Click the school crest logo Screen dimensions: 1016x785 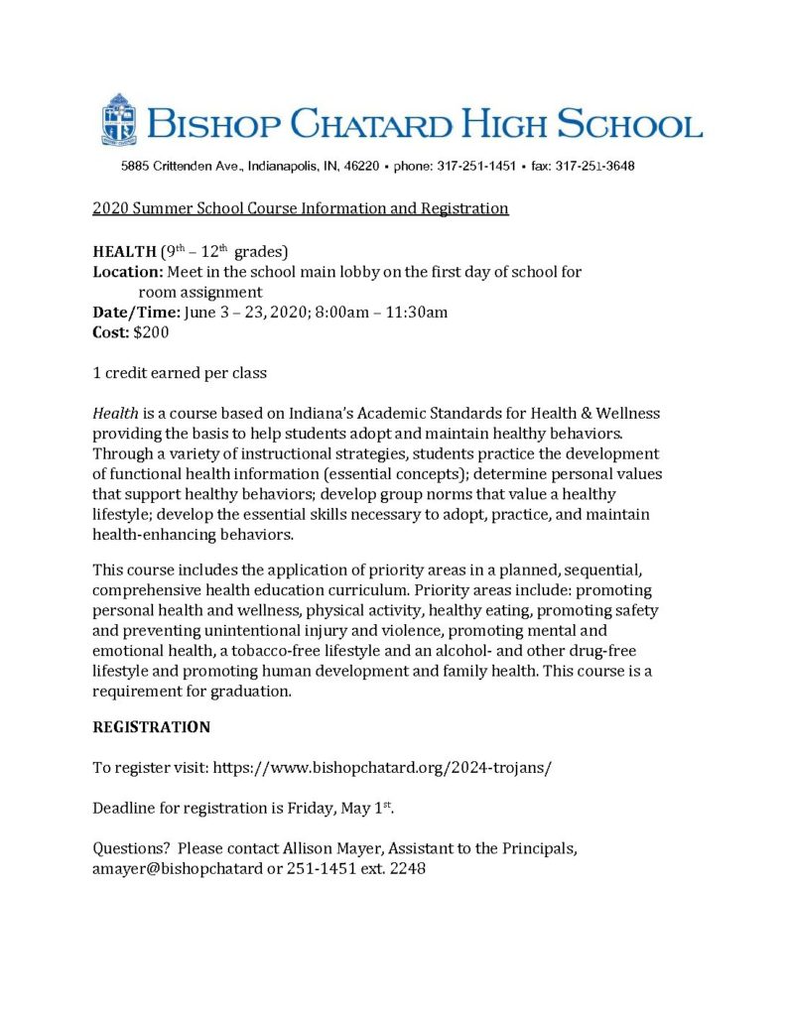pyautogui.click(x=118, y=120)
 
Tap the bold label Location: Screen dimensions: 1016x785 pyautogui.click(x=128, y=271)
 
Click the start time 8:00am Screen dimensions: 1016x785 pyautogui.click(x=344, y=313)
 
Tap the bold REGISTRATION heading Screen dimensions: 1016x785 pyautogui.click(x=151, y=727)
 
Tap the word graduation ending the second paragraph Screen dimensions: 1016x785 pyautogui.click(x=248, y=693)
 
